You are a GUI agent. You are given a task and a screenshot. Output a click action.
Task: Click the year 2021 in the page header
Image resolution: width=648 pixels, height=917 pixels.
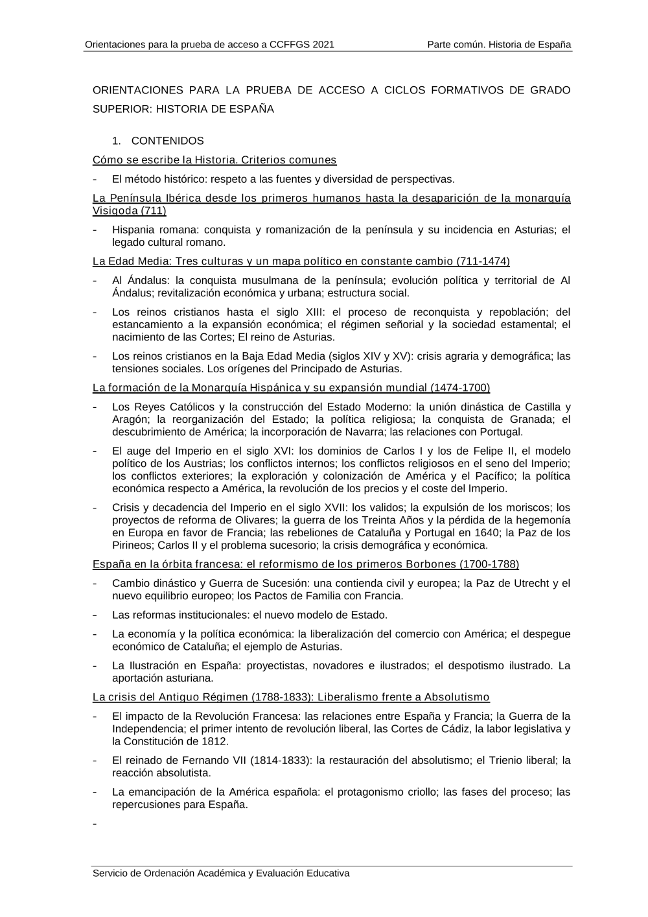coord(323,45)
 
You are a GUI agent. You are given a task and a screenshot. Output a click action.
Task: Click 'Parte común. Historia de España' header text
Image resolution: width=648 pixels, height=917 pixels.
coord(499,45)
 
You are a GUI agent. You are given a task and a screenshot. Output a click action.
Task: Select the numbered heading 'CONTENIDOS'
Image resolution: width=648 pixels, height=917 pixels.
coord(167,141)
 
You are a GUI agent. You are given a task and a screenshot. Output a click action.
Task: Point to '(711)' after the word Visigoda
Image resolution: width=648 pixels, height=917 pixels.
coord(154,211)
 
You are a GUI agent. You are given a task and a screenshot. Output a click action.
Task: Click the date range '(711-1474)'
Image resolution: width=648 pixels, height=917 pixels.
coord(483,261)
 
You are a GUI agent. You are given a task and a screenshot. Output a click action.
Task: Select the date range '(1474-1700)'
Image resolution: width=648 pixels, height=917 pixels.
coord(460,388)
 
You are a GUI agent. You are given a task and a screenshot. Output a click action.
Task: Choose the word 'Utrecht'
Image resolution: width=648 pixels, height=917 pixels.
coord(531,583)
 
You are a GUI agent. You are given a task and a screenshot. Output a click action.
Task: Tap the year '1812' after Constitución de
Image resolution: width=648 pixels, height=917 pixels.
coord(216,741)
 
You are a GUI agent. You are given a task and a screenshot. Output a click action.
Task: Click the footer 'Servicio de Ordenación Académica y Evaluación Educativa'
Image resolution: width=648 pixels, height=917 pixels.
coord(221,873)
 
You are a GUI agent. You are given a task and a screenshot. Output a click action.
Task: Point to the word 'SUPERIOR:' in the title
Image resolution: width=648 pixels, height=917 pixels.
coord(122,109)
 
